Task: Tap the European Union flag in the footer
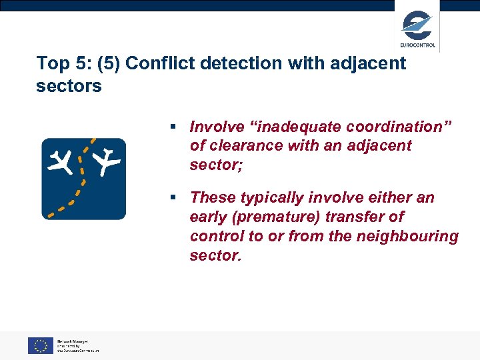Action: (40, 345)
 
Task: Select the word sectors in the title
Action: (69, 86)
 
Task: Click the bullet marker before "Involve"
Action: (173, 127)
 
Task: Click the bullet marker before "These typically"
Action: (173, 198)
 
